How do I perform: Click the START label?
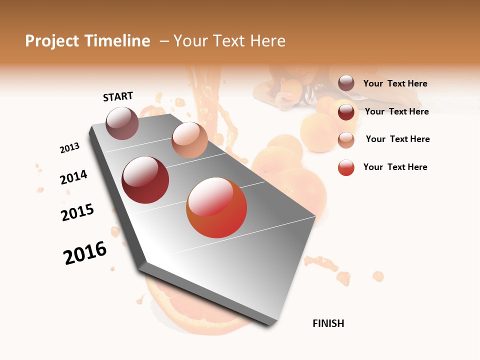(118, 96)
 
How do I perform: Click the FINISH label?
(328, 323)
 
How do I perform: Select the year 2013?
(69, 148)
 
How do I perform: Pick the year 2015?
(77, 212)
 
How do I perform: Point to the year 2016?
(85, 253)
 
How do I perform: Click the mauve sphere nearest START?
(122, 123)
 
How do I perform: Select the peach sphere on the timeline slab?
(189, 139)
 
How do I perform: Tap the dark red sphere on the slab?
(145, 180)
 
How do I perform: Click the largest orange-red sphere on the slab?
(216, 207)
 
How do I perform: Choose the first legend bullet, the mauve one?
(346, 83)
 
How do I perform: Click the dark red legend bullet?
(346, 112)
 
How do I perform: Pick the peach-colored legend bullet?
(346, 140)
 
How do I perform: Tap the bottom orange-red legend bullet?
(346, 167)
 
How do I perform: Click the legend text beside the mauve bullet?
(395, 83)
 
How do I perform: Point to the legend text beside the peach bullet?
(397, 139)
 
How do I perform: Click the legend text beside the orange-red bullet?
(395, 167)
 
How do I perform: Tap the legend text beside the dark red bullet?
(396, 111)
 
